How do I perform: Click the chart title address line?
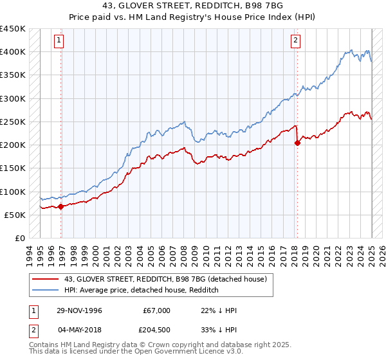192,6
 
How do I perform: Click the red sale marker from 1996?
61,206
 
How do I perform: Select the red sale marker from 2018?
297,143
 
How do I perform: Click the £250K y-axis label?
13,122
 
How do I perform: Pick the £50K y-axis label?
15,215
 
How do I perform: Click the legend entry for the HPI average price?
142,290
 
